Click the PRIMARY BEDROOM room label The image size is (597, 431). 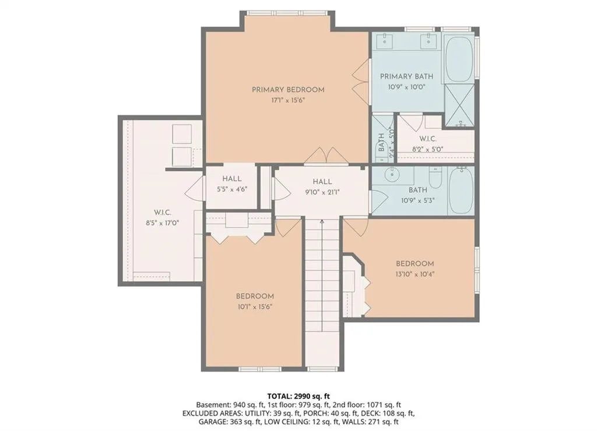288,90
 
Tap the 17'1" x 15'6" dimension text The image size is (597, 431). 288,100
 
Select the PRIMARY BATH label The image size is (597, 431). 406,76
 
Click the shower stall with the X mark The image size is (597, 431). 459,105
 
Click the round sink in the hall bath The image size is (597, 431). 391,175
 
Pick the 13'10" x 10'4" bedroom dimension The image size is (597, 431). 415,274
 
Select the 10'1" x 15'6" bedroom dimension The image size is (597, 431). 255,306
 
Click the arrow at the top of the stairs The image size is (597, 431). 322,221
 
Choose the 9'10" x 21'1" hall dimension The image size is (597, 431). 322,192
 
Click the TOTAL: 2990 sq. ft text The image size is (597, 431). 298,397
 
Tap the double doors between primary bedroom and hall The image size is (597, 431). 326,156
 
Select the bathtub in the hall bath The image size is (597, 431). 461,190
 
